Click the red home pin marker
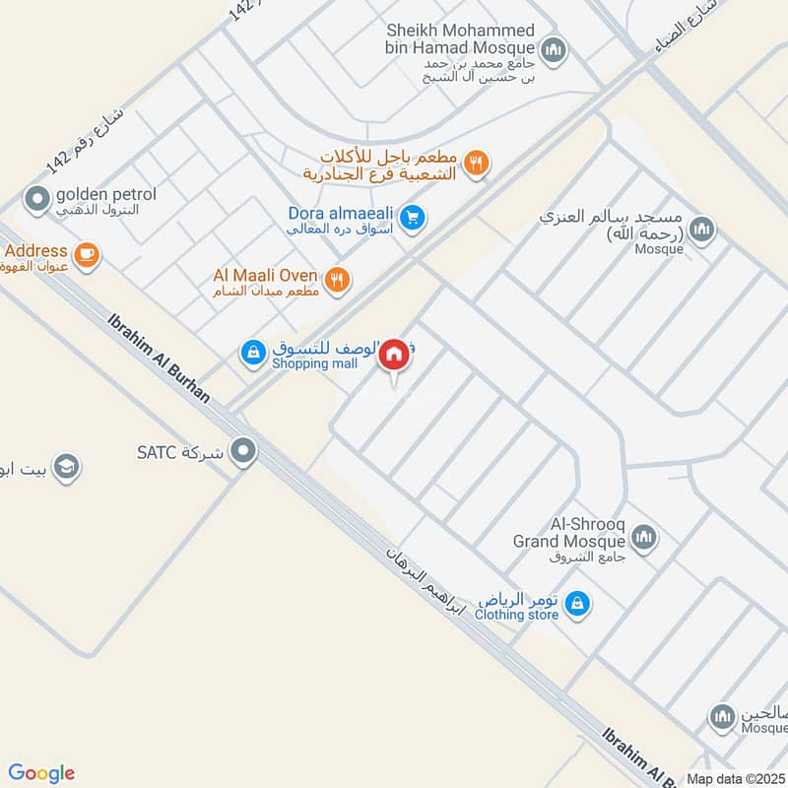[x=395, y=355]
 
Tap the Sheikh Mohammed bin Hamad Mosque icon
[x=554, y=48]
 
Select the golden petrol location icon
[x=37, y=201]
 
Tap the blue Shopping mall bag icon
[x=253, y=352]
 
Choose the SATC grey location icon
[x=242, y=452]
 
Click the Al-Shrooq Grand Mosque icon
[x=644, y=537]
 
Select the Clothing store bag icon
[x=578, y=602]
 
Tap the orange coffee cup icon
[x=87, y=254]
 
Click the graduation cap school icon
[x=66, y=465]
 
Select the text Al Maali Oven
[x=266, y=275]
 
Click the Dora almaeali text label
[x=343, y=213]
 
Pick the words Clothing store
[x=516, y=615]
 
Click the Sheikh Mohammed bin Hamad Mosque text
[x=461, y=40]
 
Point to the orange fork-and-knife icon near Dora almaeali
[x=477, y=164]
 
